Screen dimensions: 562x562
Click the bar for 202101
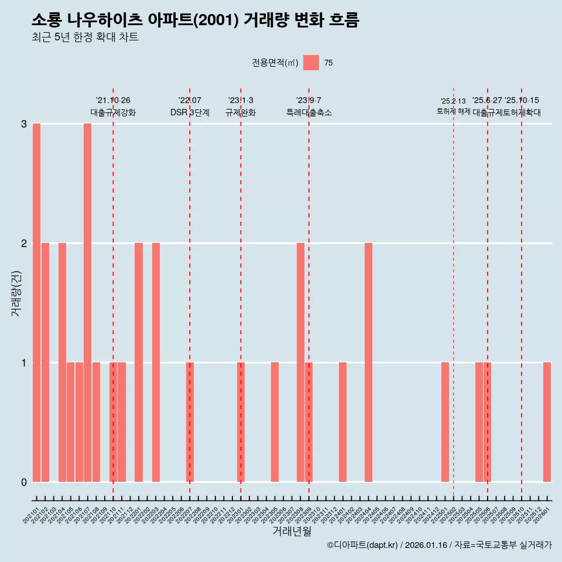[x=36, y=303]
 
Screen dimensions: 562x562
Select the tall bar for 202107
[x=87, y=303]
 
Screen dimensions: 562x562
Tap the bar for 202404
[x=368, y=362]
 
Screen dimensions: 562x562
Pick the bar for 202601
[x=547, y=422]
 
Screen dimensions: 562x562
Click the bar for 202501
[x=445, y=422]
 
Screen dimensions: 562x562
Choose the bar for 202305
[x=275, y=422]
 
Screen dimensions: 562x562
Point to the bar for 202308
[x=300, y=362]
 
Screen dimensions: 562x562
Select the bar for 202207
[x=190, y=422]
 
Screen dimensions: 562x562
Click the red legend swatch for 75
[x=311, y=63]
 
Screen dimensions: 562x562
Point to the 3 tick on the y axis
[x=24, y=124]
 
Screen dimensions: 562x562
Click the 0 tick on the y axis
[x=24, y=482]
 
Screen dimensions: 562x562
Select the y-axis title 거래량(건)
[x=16, y=293]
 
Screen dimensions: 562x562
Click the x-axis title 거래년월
[x=292, y=531]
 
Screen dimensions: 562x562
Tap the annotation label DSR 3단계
[x=190, y=112]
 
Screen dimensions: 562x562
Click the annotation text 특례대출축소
[x=309, y=112]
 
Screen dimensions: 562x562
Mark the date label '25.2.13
[x=453, y=101]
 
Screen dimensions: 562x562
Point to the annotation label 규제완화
[x=241, y=112]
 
